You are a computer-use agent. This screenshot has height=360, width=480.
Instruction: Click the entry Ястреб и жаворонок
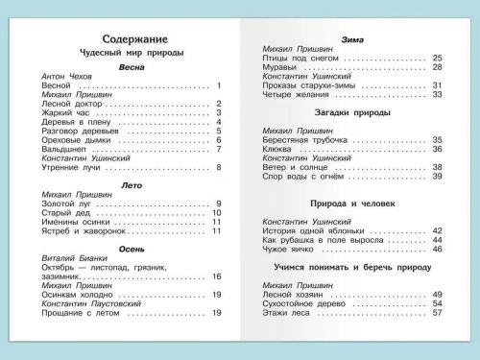[84, 231]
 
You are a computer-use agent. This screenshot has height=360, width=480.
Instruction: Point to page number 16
[217, 277]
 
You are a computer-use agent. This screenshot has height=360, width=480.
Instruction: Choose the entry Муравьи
[278, 67]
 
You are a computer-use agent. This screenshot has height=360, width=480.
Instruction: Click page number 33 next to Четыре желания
[437, 94]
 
